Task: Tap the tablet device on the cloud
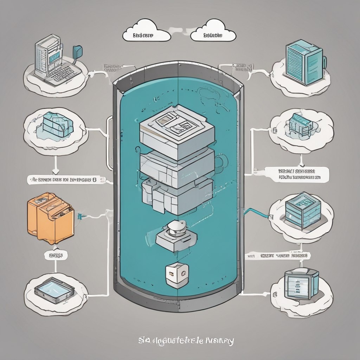coord(54,290)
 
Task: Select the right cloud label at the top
coord(213,36)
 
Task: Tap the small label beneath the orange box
coord(56,255)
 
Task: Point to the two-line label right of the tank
coord(299,174)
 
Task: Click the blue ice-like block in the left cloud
coord(56,125)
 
